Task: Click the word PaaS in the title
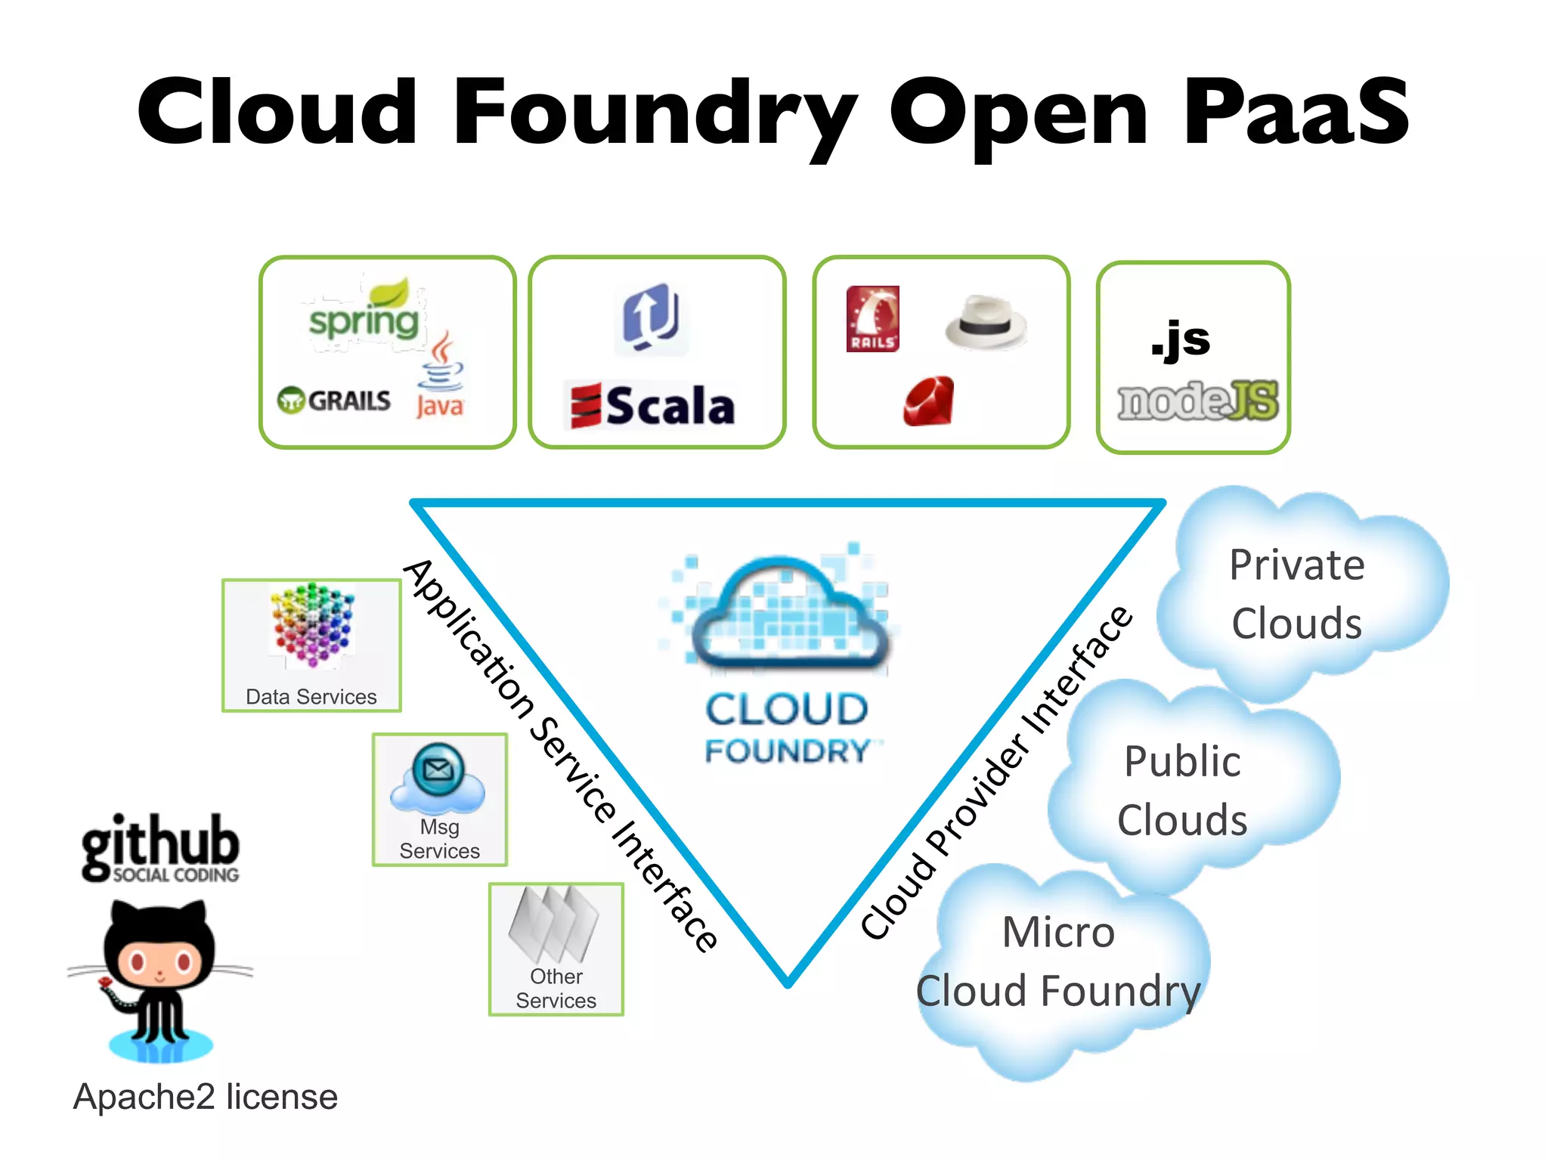pos(1295,113)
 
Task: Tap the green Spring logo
pos(364,317)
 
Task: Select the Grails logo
pos(334,401)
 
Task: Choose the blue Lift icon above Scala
pos(651,317)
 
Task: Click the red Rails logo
pos(873,319)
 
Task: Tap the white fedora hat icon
pos(986,321)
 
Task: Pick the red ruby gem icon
pos(929,401)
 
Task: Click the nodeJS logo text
pos(1198,401)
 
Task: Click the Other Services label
pos(556,989)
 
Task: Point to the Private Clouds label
pos(1297,594)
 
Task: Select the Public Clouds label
pos(1182,791)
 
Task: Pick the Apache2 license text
pos(205,1097)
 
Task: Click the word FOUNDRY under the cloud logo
pos(787,751)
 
